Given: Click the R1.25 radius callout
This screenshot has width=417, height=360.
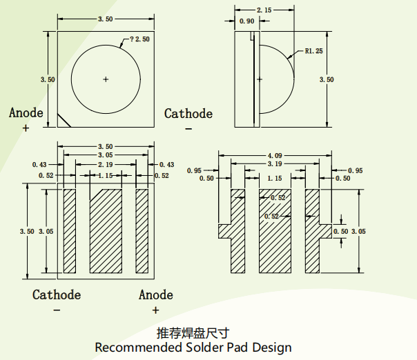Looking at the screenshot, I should pyautogui.click(x=313, y=52).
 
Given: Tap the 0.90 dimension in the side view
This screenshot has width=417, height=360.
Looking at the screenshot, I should pyautogui.click(x=246, y=21).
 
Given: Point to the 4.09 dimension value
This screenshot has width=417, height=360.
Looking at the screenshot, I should pyautogui.click(x=275, y=155).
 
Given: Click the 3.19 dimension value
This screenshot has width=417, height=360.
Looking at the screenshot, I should pyautogui.click(x=274, y=164).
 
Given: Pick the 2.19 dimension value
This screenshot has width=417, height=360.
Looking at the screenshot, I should pyautogui.click(x=106, y=165).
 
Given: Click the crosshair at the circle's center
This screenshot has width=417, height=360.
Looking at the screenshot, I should pyautogui.click(x=106, y=79).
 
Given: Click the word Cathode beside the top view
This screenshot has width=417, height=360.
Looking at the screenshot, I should pyautogui.click(x=188, y=114).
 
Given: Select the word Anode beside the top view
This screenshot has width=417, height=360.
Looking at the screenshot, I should pyautogui.click(x=26, y=113).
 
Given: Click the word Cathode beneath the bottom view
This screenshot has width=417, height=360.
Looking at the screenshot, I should pyautogui.click(x=57, y=295).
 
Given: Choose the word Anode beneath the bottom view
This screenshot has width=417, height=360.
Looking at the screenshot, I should pyautogui.click(x=155, y=295).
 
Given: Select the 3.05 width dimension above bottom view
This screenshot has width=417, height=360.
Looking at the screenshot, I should pyautogui.click(x=105, y=156).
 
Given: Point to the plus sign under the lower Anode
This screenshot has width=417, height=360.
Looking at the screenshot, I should pyautogui.click(x=155, y=311).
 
